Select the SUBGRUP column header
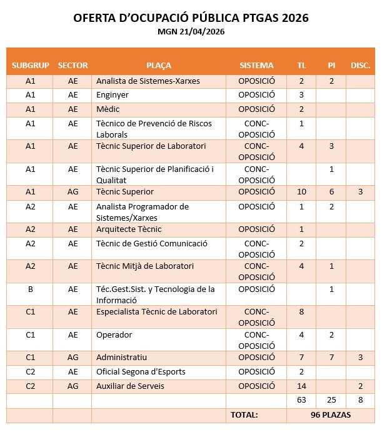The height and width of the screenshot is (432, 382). [30, 65]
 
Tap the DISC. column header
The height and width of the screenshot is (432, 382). [360, 65]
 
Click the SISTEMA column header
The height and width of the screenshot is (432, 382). [256, 65]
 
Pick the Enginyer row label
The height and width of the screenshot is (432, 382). [113, 95]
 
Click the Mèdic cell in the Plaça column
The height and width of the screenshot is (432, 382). [108, 109]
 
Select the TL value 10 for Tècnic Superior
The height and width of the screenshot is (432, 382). [301, 192]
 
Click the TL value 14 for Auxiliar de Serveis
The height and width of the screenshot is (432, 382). [301, 386]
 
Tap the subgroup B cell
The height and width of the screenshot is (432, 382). [30, 289]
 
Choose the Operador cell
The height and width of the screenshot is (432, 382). [114, 334]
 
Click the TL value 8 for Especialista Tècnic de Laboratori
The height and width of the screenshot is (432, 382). [301, 311]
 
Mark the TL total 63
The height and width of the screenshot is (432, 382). [301, 400]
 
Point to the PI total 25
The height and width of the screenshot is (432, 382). [331, 400]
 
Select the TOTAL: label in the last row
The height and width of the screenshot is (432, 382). [244, 414]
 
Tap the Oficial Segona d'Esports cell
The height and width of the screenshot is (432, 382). [141, 372]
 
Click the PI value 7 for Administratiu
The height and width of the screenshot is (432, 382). [331, 357]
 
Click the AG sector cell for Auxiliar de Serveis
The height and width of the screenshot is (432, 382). [73, 386]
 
